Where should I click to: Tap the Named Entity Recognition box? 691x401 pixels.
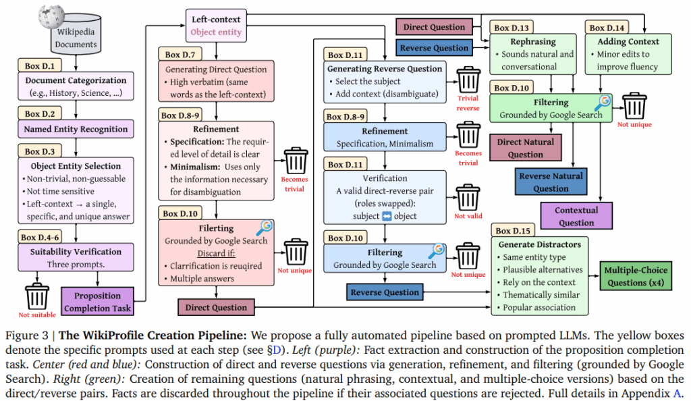click(x=76, y=129)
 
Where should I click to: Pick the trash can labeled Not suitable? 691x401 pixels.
click(x=37, y=297)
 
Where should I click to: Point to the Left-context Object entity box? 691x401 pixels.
click(x=216, y=25)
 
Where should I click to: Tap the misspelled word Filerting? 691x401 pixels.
click(x=217, y=228)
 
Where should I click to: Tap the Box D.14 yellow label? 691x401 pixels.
click(x=607, y=28)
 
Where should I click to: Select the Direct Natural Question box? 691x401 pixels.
click(x=525, y=148)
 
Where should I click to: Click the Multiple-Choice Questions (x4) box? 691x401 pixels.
click(x=637, y=277)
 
